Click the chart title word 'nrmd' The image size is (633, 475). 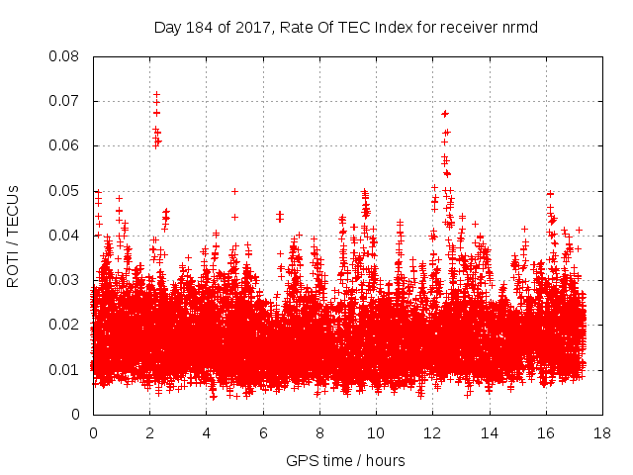pyautogui.click(x=519, y=27)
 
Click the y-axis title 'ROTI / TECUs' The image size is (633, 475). pyautogui.click(x=14, y=236)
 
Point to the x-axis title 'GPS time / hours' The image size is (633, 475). pyautogui.click(x=345, y=460)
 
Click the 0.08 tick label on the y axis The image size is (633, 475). pyautogui.click(x=66, y=56)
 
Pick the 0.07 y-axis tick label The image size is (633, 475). pyautogui.click(x=66, y=101)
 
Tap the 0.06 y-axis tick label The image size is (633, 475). pyautogui.click(x=66, y=145)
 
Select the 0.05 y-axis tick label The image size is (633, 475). pyautogui.click(x=66, y=191)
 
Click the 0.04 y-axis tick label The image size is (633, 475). pyautogui.click(x=66, y=236)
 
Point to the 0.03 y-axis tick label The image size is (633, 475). pyautogui.click(x=66, y=280)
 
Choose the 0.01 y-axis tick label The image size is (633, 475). pyautogui.click(x=66, y=370)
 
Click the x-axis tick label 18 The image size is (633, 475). pyautogui.click(x=602, y=433)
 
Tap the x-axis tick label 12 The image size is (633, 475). pyautogui.click(x=432, y=433)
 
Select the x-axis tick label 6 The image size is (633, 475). pyautogui.click(x=263, y=433)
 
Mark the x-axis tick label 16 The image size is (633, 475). pyautogui.click(x=546, y=433)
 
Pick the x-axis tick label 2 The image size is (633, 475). pyautogui.click(x=149, y=433)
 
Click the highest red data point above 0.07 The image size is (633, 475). pyautogui.click(x=156, y=94)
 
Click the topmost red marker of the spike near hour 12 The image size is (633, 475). pyautogui.click(x=444, y=113)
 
